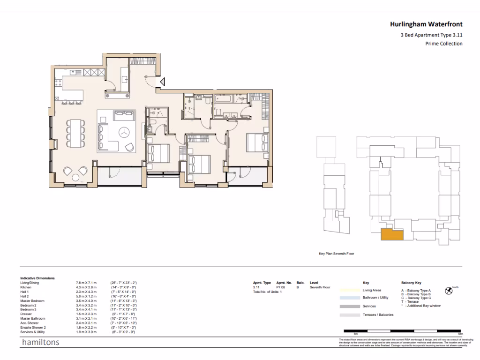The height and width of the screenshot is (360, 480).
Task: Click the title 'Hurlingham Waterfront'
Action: coord(426,24)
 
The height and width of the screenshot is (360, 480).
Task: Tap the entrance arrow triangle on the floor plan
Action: coord(161,83)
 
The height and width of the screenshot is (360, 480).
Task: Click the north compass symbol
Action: coord(449,290)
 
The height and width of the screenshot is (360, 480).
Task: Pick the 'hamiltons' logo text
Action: coord(41,342)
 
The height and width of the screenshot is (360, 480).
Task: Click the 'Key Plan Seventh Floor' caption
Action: coord(336,254)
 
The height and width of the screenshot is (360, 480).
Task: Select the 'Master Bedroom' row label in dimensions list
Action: coord(33,300)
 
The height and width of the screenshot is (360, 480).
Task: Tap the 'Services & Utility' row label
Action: coord(34,331)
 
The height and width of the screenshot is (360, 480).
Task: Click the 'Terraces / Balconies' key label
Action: coord(378,315)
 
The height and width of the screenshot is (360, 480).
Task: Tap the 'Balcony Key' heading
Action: coord(412,283)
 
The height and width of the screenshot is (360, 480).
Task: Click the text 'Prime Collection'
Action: coord(443,44)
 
